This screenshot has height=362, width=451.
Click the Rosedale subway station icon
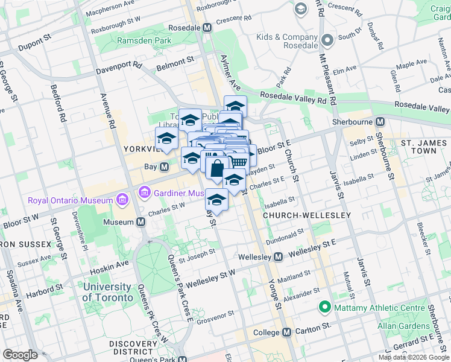point(207,28)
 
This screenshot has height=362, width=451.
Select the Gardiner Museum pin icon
point(145,193)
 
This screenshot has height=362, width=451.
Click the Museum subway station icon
point(140,222)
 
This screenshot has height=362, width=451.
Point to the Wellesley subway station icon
point(278,257)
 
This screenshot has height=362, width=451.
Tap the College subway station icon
point(286,332)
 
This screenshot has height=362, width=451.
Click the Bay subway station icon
point(163,167)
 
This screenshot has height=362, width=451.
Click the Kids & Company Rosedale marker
point(327,41)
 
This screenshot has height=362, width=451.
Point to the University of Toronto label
point(107,292)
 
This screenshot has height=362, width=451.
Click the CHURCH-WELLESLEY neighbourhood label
point(298,215)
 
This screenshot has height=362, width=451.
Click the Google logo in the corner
point(20,355)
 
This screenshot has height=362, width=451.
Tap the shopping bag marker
point(216,168)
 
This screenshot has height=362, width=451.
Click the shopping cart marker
point(238,161)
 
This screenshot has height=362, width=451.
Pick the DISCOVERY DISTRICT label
point(131,348)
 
